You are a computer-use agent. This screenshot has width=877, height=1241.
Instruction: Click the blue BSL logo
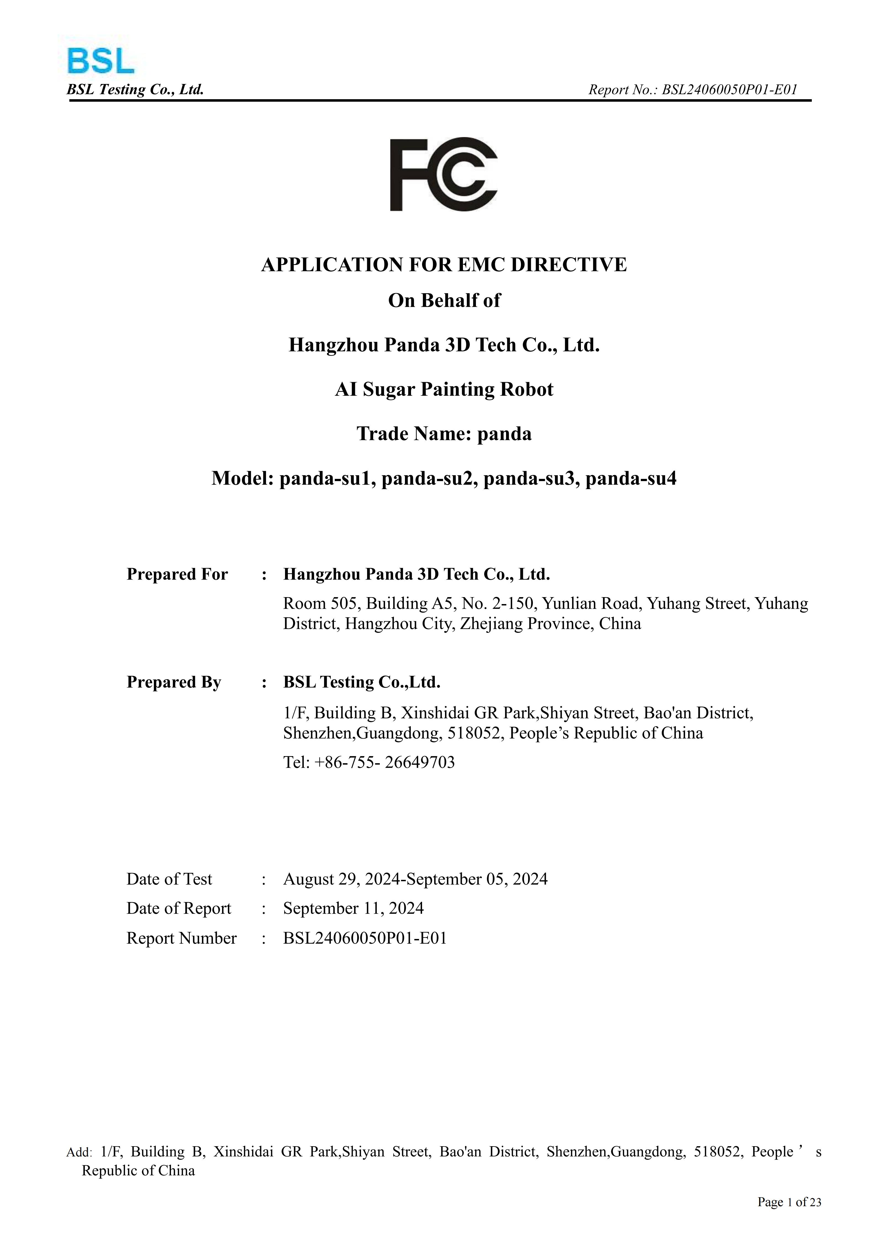tap(101, 61)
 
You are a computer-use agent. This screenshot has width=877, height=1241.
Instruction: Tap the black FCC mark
tap(443, 174)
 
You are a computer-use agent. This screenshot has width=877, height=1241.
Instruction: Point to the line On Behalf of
tap(444, 301)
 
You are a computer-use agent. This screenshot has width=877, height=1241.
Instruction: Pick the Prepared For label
tap(177, 574)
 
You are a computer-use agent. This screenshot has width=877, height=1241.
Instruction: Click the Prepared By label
tap(174, 682)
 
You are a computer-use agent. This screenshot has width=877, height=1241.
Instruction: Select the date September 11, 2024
tap(353, 908)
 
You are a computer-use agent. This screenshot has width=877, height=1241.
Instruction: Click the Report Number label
tap(181, 938)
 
